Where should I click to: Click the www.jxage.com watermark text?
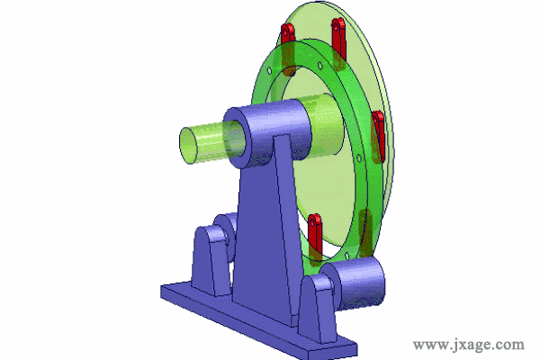coord(468,345)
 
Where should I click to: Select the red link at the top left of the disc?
coord(288,49)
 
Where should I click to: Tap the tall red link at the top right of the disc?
coord(339,43)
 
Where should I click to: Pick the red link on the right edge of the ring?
coord(378,137)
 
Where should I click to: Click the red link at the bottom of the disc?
coord(315,238)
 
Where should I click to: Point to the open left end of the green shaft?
coord(188,146)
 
